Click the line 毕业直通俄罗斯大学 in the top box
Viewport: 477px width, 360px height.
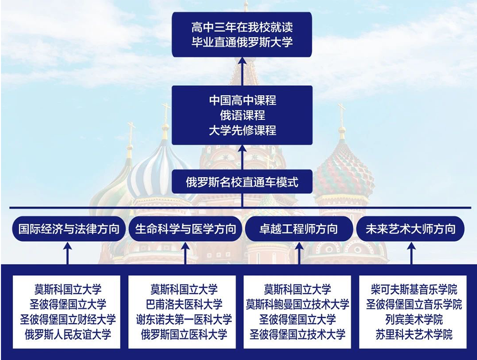point(242,41)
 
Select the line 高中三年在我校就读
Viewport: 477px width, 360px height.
point(242,27)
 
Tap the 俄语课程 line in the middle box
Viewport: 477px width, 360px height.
point(242,115)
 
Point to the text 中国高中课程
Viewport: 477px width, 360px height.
point(242,100)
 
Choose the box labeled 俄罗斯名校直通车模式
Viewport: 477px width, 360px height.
point(242,182)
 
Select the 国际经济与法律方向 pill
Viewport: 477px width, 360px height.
point(69,229)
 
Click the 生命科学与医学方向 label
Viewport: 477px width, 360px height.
point(185,229)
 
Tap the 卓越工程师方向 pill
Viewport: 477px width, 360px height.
point(299,229)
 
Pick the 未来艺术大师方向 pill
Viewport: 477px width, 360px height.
point(410,229)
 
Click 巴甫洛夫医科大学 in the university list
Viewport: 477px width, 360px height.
point(184,304)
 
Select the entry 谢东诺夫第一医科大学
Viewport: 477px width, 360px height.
point(184,319)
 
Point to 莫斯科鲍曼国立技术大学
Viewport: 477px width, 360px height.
point(298,304)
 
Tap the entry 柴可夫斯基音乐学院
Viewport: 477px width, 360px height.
point(414,289)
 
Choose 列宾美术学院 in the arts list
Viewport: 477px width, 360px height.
point(414,319)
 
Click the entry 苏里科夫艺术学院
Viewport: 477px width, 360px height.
point(414,335)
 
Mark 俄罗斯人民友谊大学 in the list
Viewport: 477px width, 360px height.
point(68,335)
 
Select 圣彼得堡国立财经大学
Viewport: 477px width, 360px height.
point(68,319)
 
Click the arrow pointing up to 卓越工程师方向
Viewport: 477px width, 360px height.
point(300,253)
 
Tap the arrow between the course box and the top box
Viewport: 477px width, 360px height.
point(242,72)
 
